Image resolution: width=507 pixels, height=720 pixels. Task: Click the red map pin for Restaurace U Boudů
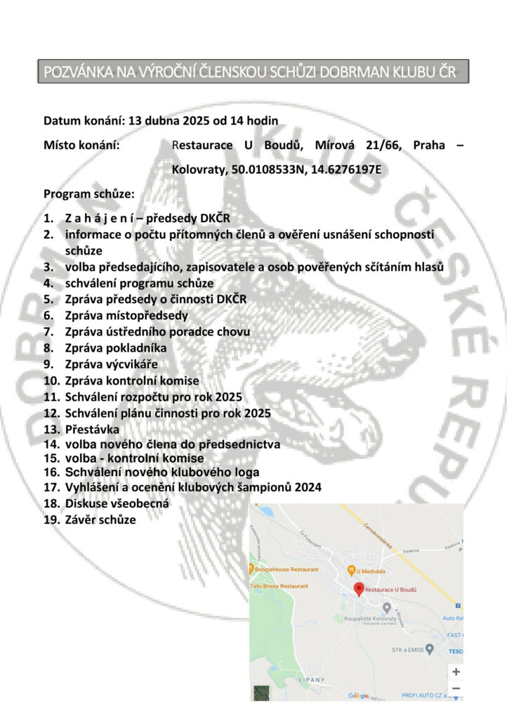(x=358, y=589)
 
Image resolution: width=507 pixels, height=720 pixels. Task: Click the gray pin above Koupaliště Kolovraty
(x=386, y=607)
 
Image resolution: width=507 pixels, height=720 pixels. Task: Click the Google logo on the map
(x=360, y=695)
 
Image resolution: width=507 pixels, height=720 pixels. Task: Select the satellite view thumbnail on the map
(x=261, y=693)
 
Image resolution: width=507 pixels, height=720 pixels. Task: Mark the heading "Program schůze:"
(x=89, y=193)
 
